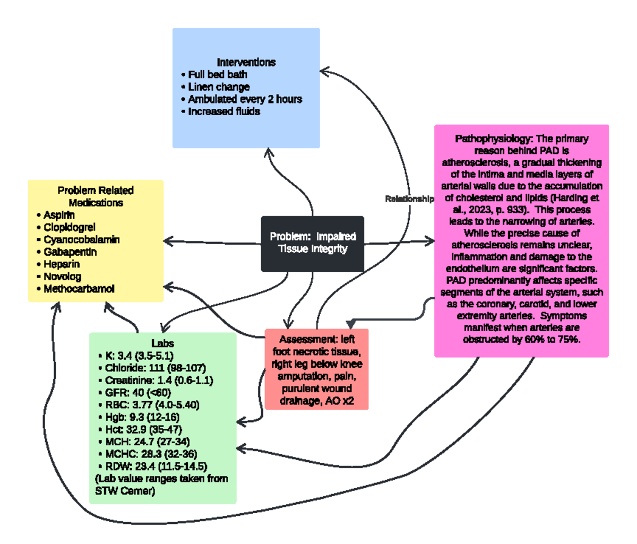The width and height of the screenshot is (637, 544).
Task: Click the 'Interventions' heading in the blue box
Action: click(246, 62)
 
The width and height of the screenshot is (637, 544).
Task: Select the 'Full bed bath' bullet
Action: click(217, 74)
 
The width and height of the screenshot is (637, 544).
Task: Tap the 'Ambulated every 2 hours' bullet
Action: click(245, 99)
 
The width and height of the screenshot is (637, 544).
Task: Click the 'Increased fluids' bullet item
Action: click(223, 111)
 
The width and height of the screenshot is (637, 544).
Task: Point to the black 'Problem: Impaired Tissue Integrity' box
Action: click(312, 243)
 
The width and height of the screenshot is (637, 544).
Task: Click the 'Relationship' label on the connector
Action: click(409, 198)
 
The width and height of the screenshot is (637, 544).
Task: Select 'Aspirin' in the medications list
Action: click(59, 215)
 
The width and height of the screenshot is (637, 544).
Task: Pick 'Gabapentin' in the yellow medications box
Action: click(70, 252)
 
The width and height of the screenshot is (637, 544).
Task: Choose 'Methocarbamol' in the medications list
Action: click(79, 289)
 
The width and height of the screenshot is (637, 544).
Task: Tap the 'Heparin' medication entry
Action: click(62, 264)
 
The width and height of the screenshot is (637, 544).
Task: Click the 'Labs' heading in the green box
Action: click(162, 343)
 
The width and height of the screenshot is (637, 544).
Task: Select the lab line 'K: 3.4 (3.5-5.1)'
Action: click(139, 356)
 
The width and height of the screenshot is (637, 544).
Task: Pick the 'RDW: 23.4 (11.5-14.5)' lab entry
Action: click(156, 467)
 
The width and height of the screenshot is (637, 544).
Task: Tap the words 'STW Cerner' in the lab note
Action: click(125, 491)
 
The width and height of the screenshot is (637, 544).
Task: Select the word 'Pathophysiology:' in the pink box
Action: click(494, 139)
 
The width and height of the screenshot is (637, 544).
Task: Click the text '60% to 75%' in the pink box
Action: click(555, 339)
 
